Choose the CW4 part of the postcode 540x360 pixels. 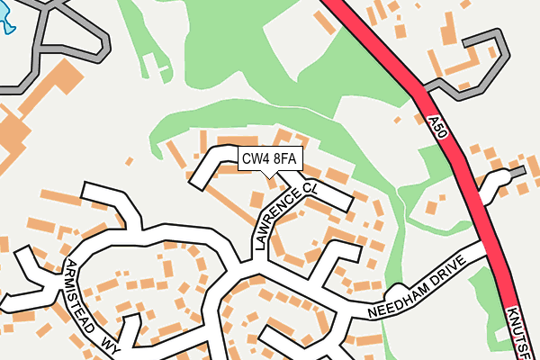[x=256, y=160]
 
